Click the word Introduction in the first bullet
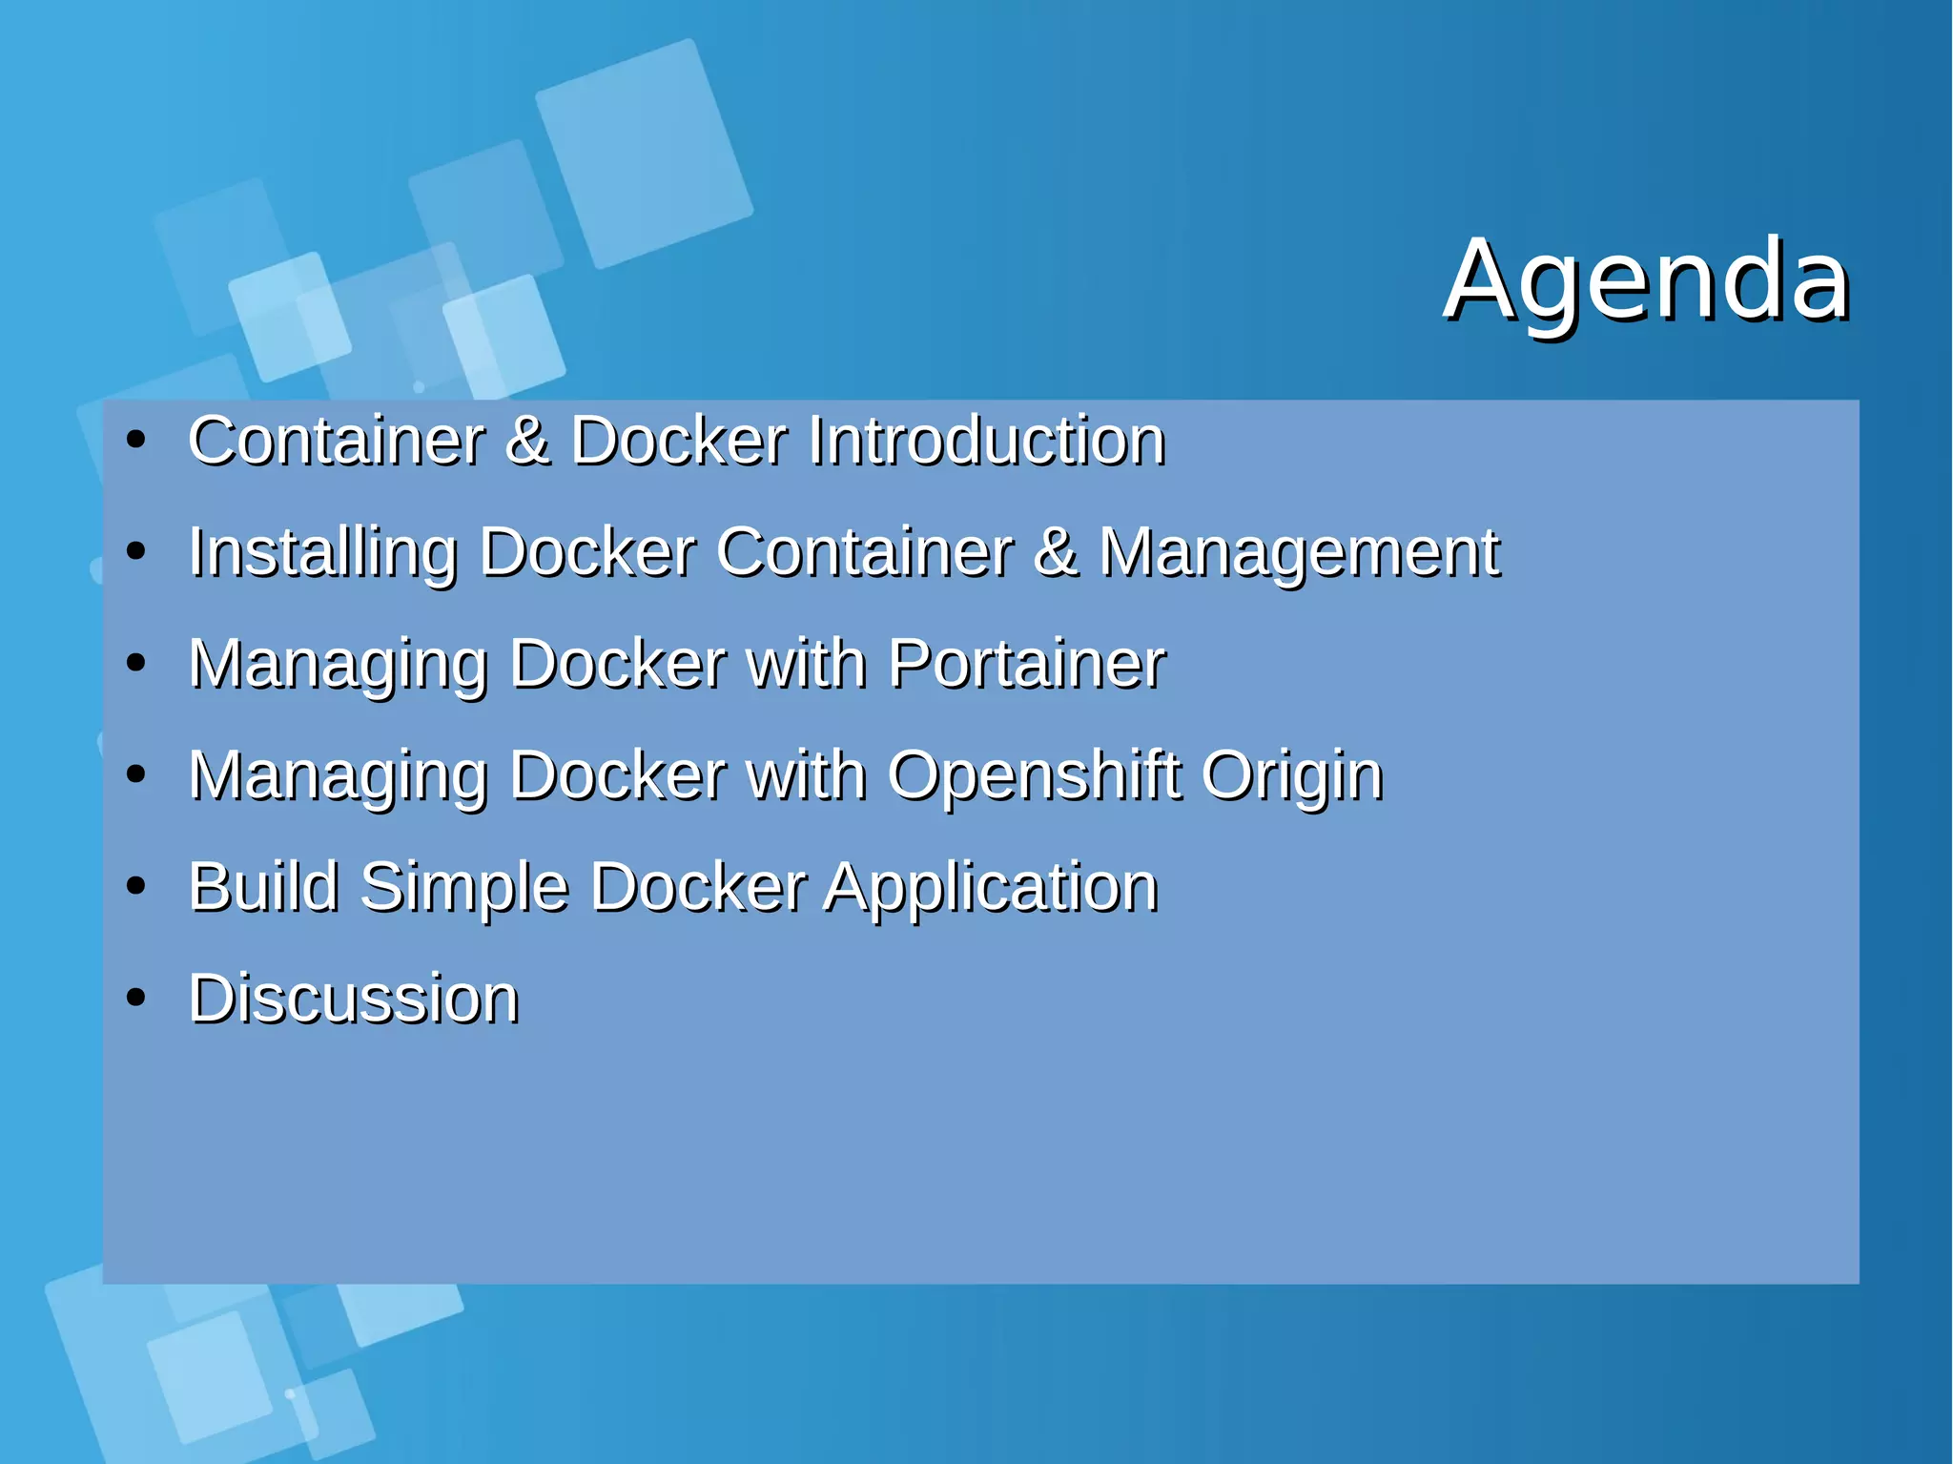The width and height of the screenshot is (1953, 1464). point(986,441)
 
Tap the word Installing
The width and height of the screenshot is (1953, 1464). point(322,553)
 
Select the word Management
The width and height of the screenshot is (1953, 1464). point(1299,553)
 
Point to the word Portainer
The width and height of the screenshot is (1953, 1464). point(1026,664)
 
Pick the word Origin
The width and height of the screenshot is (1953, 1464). point(1291,776)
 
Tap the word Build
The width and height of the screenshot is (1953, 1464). point(263,887)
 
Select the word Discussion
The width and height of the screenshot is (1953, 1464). point(354,999)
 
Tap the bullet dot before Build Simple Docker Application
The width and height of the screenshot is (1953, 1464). point(136,887)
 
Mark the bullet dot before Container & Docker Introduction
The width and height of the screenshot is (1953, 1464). point(136,441)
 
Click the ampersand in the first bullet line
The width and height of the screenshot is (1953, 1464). point(527,441)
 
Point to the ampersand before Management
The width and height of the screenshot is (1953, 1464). point(1057,553)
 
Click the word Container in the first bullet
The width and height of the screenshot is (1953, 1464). point(337,441)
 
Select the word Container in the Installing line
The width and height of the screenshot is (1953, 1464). point(864,553)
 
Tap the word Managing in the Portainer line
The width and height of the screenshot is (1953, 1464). point(339,666)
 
